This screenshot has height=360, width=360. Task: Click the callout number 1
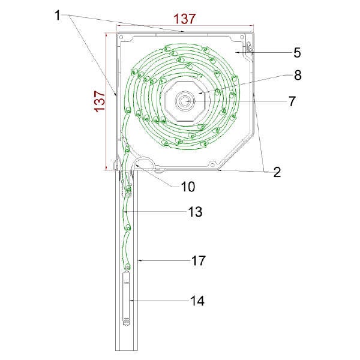coord(57,16)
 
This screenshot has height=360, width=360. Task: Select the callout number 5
coord(297,53)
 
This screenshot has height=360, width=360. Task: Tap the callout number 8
coord(298,75)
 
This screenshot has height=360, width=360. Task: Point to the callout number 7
coord(292,101)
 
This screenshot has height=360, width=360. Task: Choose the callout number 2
coord(277,172)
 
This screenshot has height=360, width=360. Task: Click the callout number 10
coord(188,187)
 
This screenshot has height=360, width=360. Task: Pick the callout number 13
coord(195,212)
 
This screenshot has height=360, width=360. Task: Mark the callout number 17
coord(199,261)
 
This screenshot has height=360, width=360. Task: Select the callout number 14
coord(197,301)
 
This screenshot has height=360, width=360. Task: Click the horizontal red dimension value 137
coord(185,19)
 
